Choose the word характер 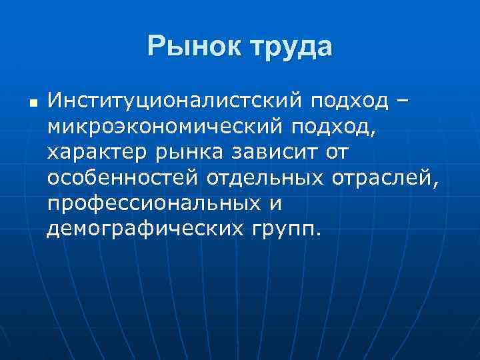coord(96,153)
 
